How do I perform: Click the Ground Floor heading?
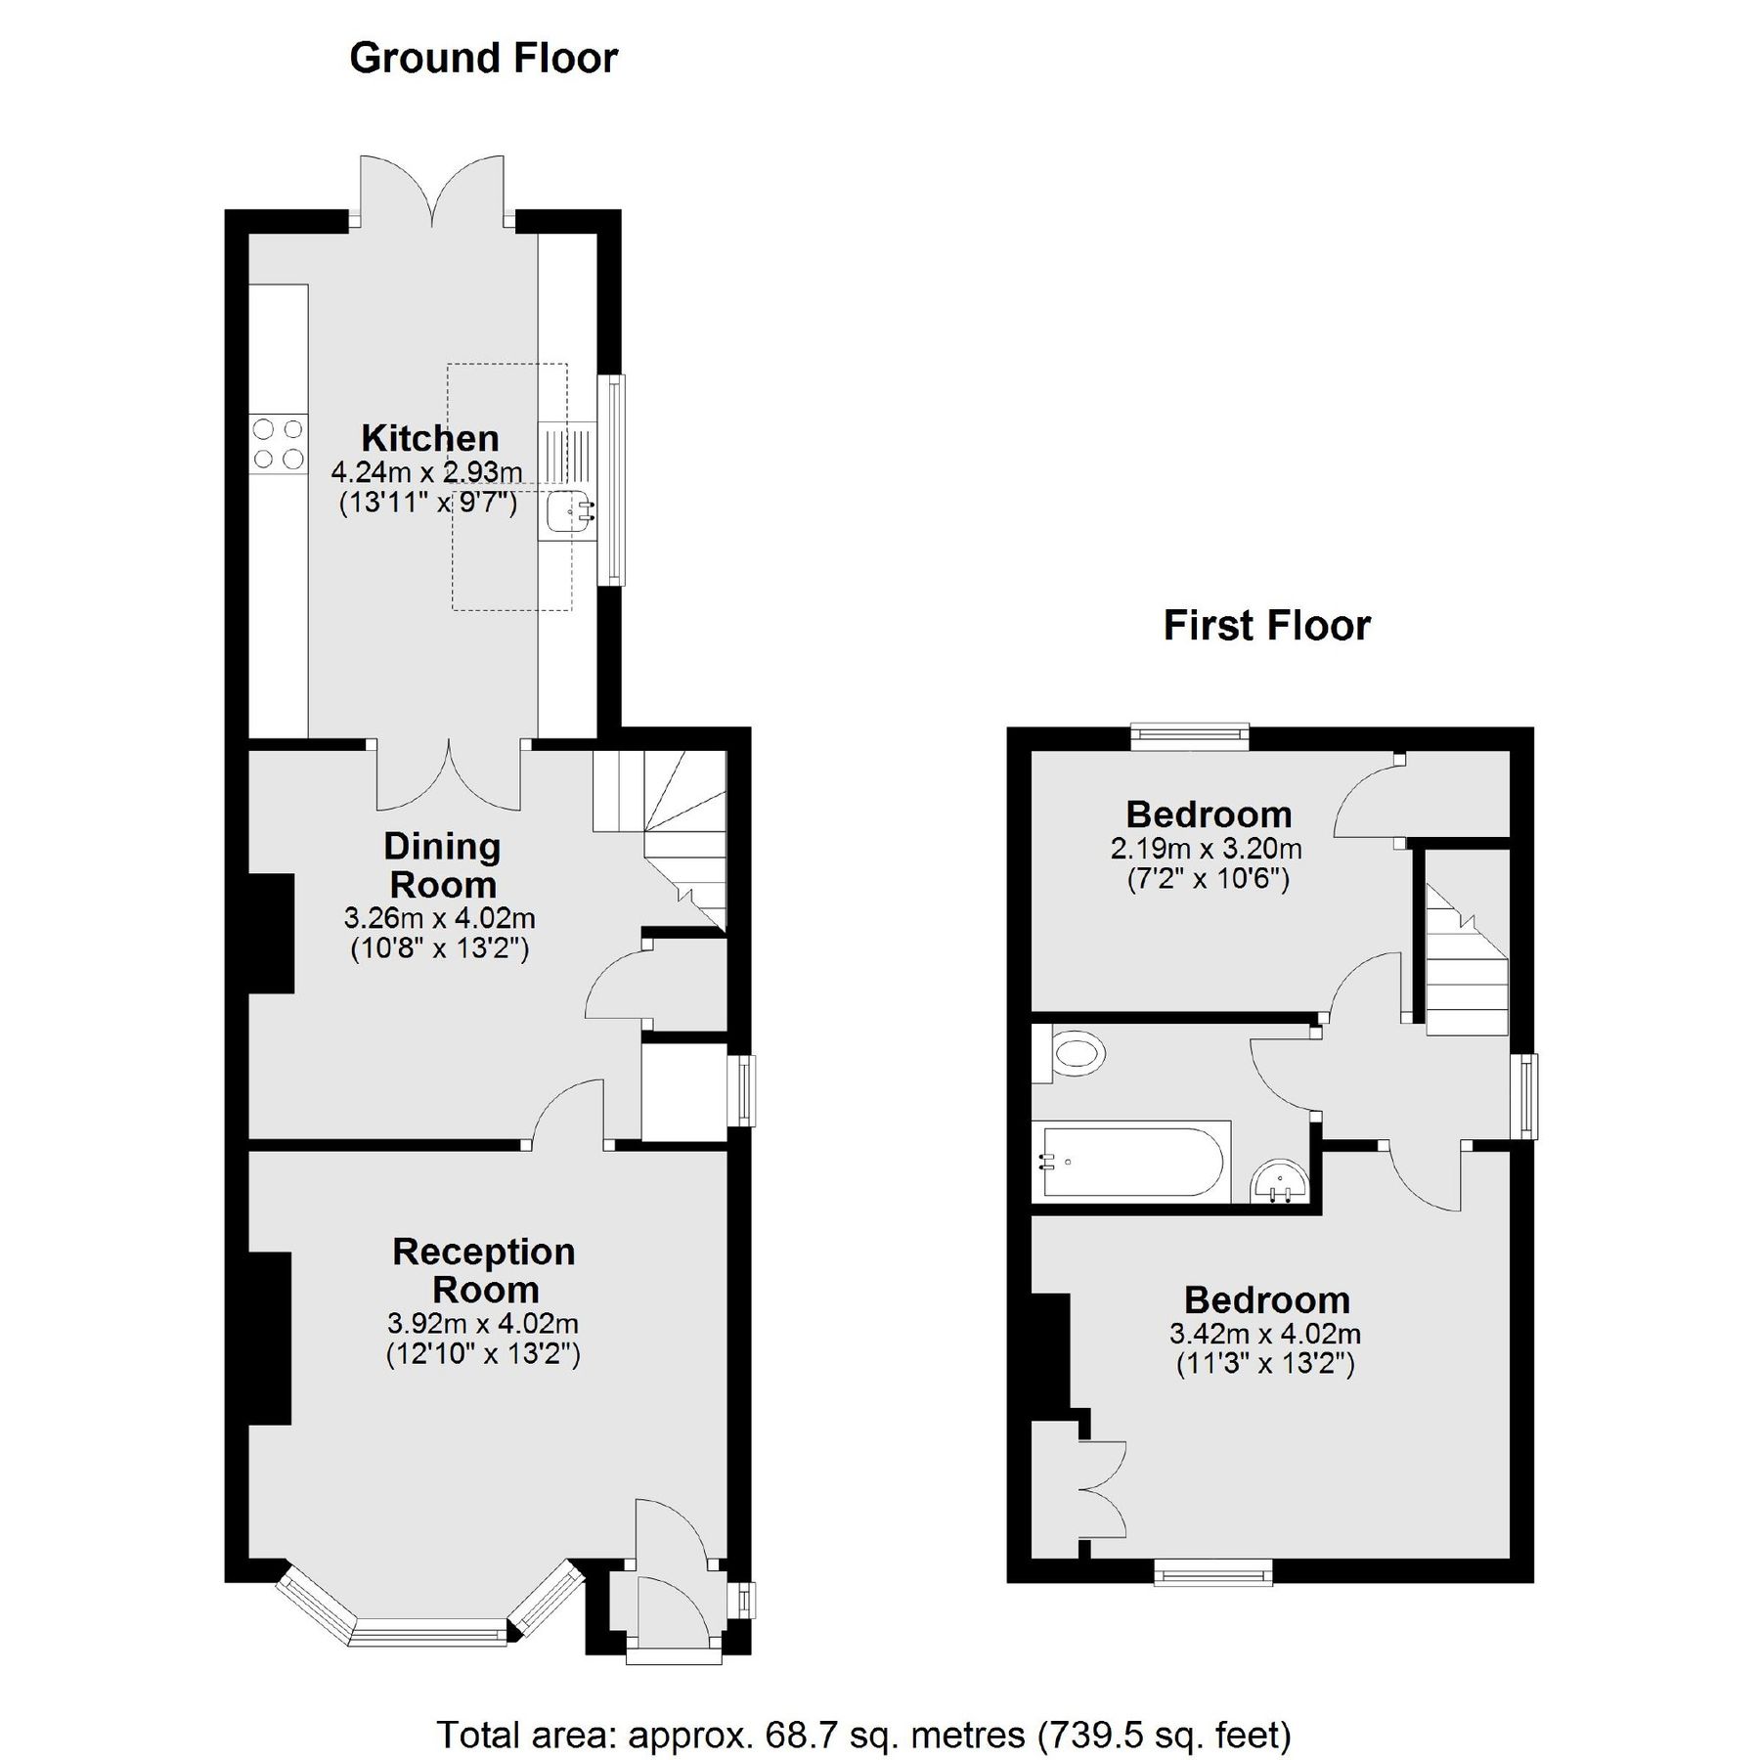pos(483,59)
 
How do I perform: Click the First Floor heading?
pos(1266,626)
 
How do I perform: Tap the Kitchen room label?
pos(429,437)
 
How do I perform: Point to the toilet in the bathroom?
pos(1072,1054)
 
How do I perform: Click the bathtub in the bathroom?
pos(1131,1162)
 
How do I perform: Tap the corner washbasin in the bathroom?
pos(1280,1184)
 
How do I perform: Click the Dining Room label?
pos(442,865)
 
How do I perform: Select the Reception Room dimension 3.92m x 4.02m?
pos(483,1324)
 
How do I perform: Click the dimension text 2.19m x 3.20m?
pos(1207,848)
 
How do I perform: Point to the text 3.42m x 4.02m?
pos(1265,1333)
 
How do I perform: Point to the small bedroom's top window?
pos(1190,734)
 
